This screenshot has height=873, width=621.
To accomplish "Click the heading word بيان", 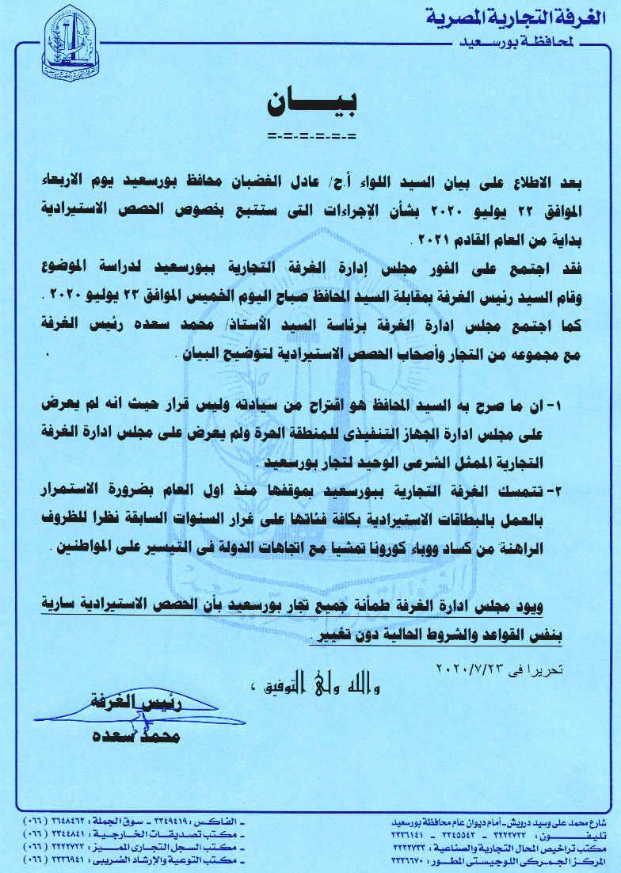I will (311, 102).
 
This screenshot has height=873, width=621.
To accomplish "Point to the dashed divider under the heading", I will (311, 136).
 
